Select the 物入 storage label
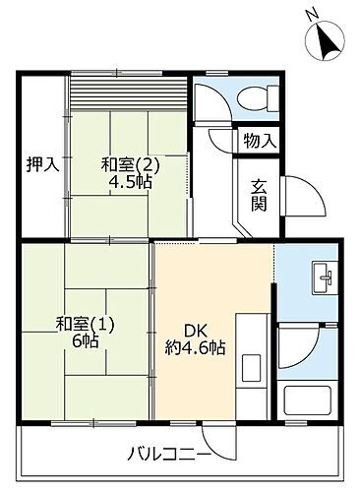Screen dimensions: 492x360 coord(260,142)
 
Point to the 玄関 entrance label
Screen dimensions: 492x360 coord(259,194)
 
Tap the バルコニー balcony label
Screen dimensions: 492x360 coord(167,455)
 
